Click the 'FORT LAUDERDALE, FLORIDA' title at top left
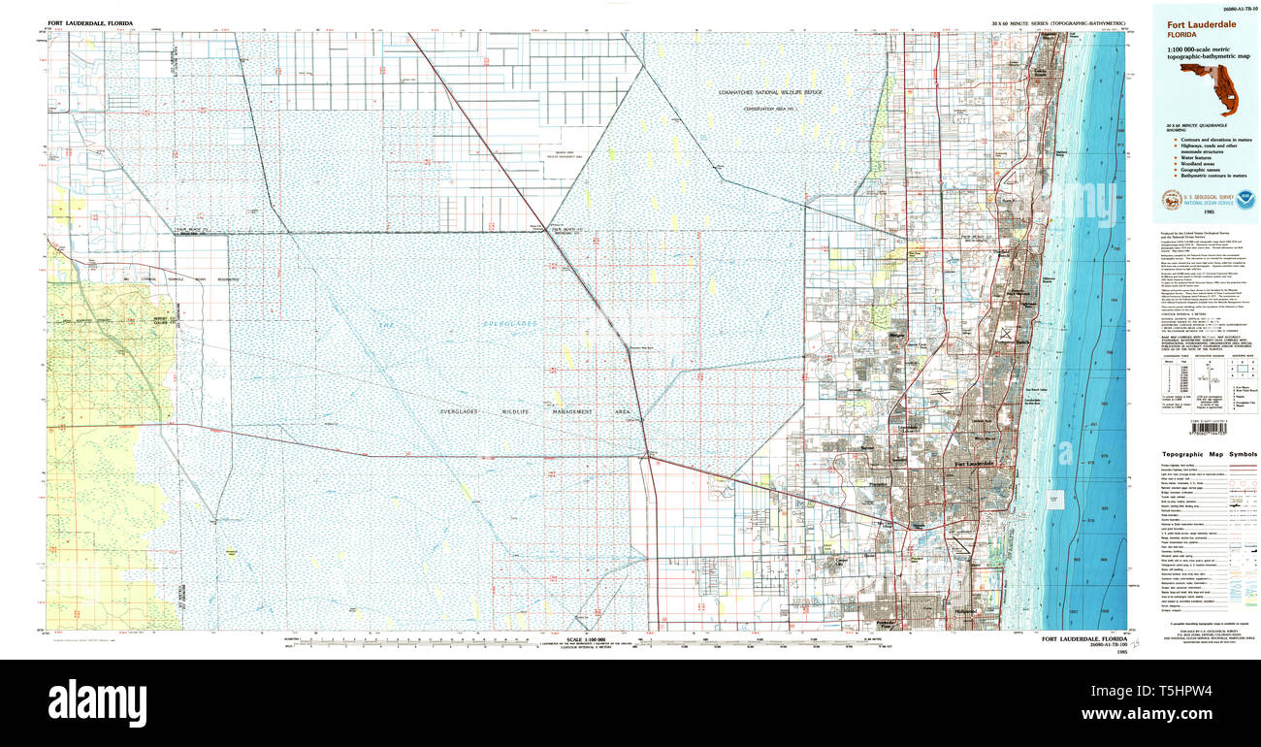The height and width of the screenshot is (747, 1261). click(91, 22)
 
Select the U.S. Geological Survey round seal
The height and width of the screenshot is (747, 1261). click(1171, 200)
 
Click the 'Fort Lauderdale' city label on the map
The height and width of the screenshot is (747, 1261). click(974, 465)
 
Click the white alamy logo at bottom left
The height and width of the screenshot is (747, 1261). click(97, 701)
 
